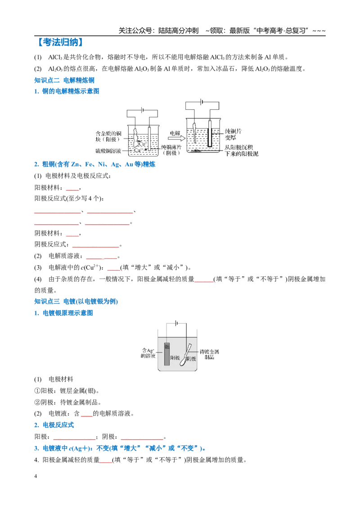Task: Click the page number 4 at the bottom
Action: tap(36, 476)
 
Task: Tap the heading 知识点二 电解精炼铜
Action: tap(64, 80)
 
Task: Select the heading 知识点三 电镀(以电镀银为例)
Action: tap(76, 302)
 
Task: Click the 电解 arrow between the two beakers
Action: tap(176, 138)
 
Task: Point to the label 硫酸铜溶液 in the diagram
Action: tap(108, 151)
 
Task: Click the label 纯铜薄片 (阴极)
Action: tap(171, 150)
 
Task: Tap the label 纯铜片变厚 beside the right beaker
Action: tap(233, 134)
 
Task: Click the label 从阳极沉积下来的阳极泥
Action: tap(241, 151)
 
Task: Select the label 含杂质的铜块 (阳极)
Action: tap(108, 136)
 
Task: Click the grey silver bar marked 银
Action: tap(167, 354)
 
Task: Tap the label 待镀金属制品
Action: tap(209, 354)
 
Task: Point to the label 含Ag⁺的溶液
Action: tap(148, 353)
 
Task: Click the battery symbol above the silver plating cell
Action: tap(176, 323)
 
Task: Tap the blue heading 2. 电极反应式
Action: tap(54, 425)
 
